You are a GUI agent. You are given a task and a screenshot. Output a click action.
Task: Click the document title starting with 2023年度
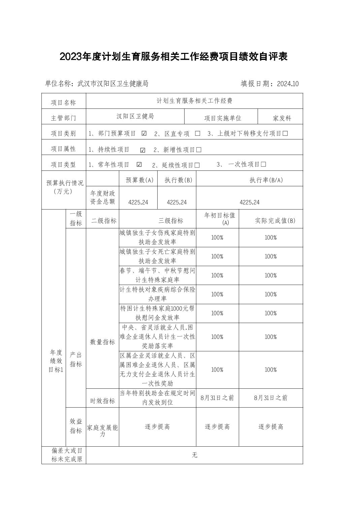[173, 57]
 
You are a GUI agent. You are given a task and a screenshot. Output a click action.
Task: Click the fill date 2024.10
[288, 84]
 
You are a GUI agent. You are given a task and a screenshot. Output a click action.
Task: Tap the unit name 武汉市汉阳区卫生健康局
[113, 84]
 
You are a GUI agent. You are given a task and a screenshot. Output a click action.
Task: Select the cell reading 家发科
[282, 118]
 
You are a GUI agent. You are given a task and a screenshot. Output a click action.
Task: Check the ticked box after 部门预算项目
[144, 133]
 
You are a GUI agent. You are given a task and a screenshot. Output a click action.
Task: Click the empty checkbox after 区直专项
[198, 133]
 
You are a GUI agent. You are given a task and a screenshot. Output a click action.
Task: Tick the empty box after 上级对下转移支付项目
[285, 133]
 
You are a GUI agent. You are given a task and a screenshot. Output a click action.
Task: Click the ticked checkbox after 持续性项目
[143, 150]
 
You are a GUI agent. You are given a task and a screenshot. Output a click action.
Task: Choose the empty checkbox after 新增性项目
[199, 150]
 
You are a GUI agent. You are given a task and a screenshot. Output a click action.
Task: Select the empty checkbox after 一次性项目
[263, 164]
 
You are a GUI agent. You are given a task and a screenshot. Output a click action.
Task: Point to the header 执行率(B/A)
[266, 180]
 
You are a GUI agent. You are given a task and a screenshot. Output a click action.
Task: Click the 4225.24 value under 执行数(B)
[177, 202]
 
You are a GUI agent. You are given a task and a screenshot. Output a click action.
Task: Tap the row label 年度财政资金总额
[103, 197]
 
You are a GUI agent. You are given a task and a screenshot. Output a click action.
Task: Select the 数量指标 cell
[102, 342]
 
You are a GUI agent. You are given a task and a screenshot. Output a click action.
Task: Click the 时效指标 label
[102, 401]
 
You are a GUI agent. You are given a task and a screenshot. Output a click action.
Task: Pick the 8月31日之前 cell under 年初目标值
[217, 398]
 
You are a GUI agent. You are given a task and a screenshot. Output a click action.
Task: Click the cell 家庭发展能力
[102, 431]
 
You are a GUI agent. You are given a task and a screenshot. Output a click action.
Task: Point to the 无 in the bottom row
[194, 455]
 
